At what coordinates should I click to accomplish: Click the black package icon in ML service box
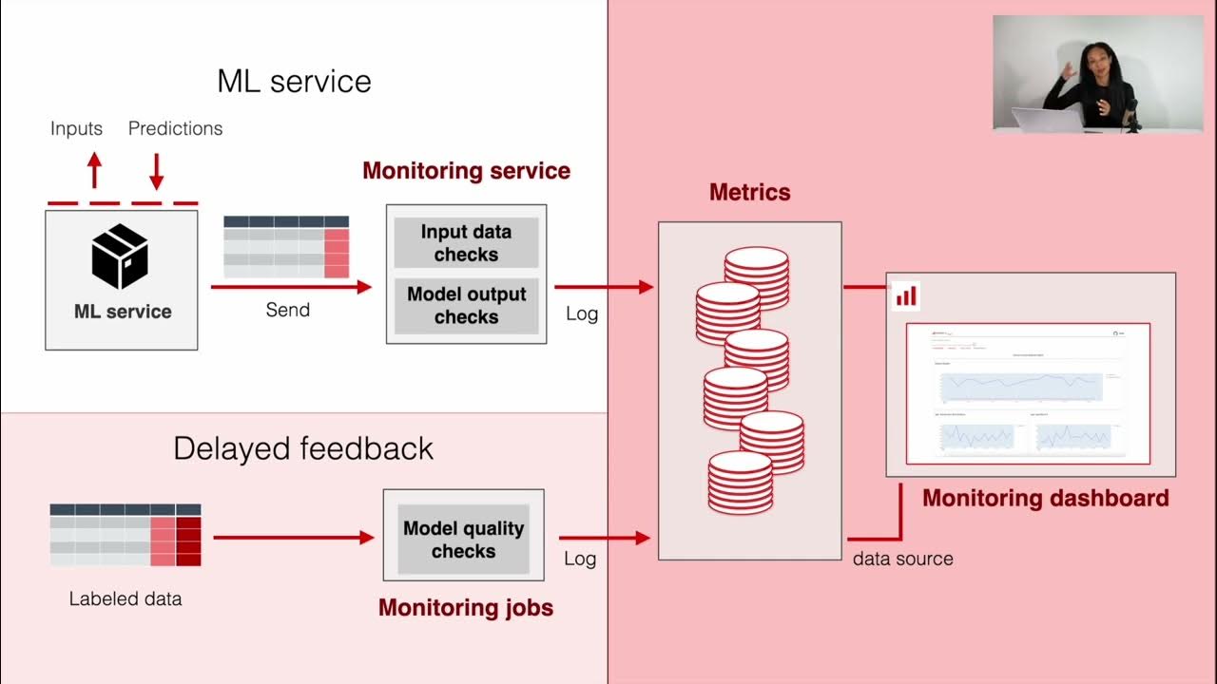coord(121,256)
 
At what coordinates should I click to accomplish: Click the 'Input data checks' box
coord(466,243)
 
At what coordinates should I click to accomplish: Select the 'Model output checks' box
coord(466,305)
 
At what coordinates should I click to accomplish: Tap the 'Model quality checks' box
coord(463,540)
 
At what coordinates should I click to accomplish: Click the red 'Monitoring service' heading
coord(466,171)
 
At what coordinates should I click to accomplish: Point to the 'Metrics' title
coord(749,192)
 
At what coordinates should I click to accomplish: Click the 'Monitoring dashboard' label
coord(1045,498)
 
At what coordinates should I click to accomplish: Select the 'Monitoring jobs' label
coord(465,608)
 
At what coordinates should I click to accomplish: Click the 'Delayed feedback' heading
coord(302,448)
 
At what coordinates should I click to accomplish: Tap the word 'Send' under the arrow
coord(287,310)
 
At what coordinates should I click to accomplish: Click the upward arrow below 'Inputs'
coord(94,171)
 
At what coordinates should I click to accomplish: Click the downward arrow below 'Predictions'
coord(157,171)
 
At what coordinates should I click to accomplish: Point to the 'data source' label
coord(902,559)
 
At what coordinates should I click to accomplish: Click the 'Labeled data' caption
coord(125,599)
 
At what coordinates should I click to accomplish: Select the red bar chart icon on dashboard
coord(906,295)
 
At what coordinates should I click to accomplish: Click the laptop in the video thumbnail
coord(1045,119)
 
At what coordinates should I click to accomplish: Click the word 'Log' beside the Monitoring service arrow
coord(582,313)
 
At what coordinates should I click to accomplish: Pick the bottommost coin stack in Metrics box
coord(740,482)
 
